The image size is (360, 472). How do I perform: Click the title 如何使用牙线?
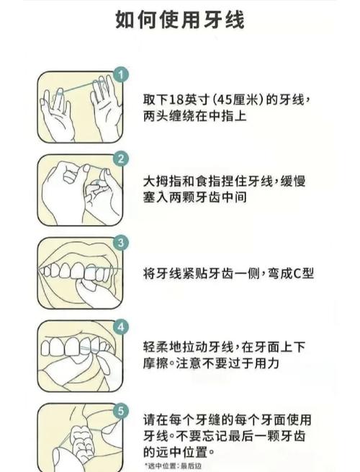pos(179,20)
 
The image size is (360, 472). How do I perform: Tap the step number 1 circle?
pos(121,75)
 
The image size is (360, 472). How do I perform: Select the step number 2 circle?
pos(121,159)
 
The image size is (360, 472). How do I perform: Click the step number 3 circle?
pos(121,243)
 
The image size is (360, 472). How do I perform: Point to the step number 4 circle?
pos(121,327)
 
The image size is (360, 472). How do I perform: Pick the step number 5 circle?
pos(121,411)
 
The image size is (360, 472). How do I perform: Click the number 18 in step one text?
pos(177,99)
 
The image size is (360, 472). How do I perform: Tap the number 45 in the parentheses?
pos(225,99)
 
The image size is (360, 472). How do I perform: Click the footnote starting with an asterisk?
pos(172,466)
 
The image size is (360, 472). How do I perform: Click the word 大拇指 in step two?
pos(163,182)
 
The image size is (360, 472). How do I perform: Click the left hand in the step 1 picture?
pos(57,115)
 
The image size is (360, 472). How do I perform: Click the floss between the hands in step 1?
pos(81,87)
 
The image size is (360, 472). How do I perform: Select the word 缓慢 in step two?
pos(293,182)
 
